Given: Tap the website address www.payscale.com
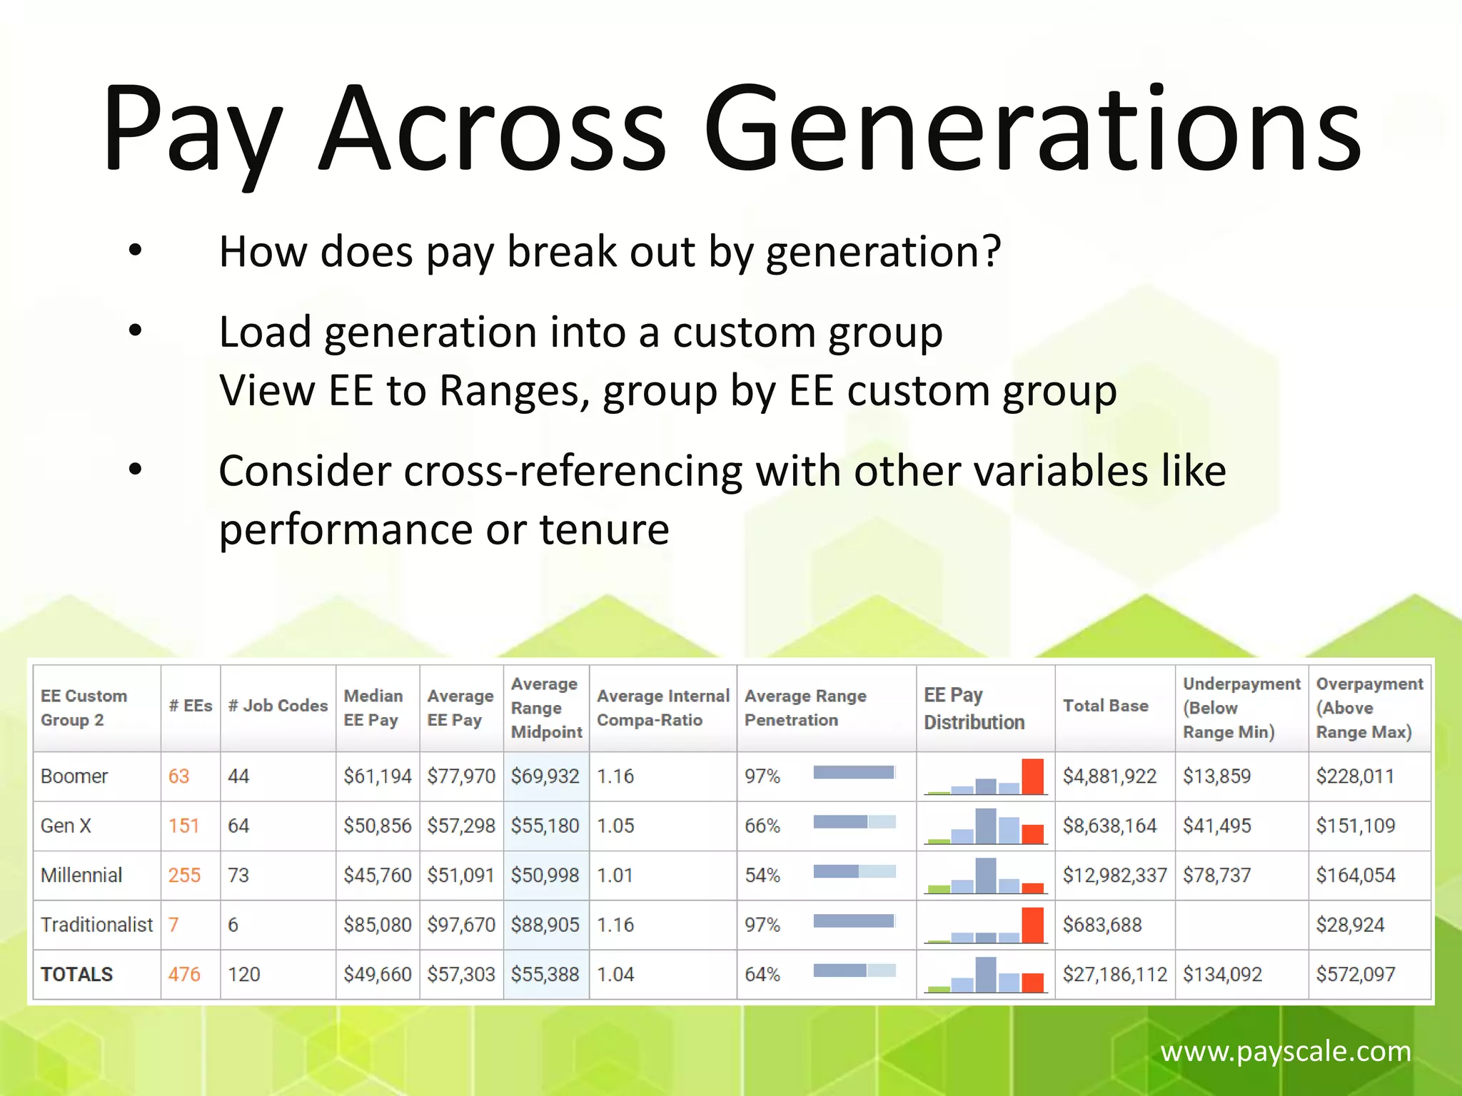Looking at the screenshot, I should pos(1285,1051).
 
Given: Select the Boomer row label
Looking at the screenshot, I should pos(74,776).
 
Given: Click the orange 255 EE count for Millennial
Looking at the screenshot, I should pos(184,875).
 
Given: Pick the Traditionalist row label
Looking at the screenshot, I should pos(96,925).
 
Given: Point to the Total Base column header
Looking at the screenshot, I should pos(1105,706).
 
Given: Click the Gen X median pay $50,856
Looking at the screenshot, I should pos(377,826).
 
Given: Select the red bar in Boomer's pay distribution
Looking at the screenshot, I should pos(1032,776).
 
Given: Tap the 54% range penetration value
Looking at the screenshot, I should pos(762,875).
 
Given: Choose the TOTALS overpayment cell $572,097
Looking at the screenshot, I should pos(1355,974).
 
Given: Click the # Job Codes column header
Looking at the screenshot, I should pos(278,706).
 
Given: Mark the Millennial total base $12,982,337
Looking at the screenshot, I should pos(1114,875).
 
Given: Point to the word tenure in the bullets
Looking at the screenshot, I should pos(604,529).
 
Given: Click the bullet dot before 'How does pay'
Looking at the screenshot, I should pos(136,251).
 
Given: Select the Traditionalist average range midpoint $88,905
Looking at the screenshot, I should pos(545,925).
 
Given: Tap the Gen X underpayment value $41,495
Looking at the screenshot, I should pos(1216,826).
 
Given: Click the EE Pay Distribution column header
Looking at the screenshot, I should pos(974,709).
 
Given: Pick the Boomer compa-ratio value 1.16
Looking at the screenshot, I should pos(615,776).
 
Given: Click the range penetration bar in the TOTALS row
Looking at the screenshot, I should pos(854,970).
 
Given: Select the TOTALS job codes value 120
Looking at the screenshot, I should pos(243,974).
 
